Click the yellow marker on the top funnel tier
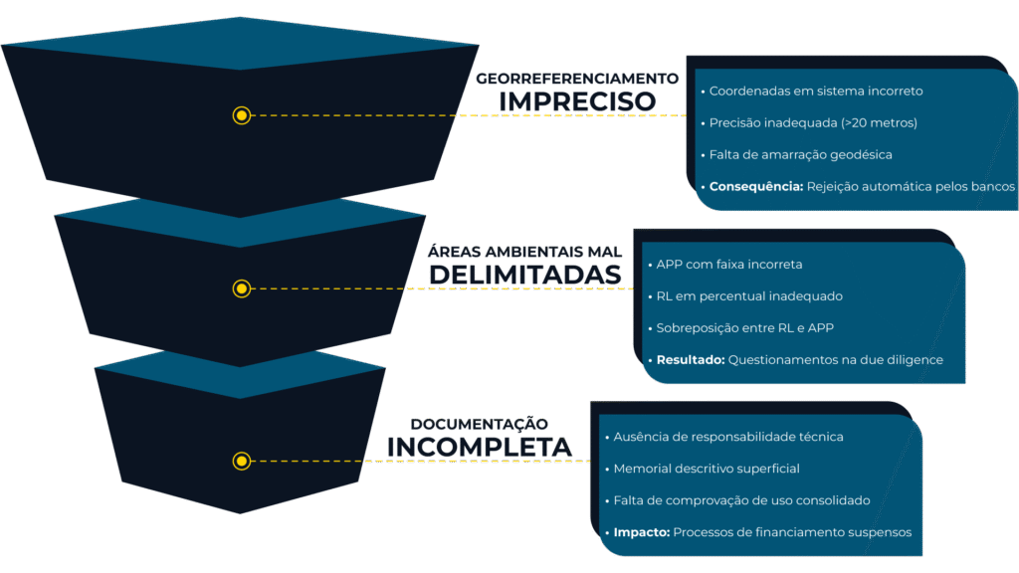pos(241,115)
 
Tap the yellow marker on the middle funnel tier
pos(241,288)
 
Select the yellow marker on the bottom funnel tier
pos(241,461)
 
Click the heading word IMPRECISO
pos(577,101)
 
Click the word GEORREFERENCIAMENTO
pos(577,78)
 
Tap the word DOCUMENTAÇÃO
pos(480,424)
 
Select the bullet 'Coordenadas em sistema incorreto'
pos(816,91)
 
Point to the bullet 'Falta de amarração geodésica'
pos(800,155)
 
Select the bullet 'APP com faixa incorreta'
pos(729,265)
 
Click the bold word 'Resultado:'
pos(690,360)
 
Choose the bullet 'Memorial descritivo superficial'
pos(707,469)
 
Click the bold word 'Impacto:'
pos(641,532)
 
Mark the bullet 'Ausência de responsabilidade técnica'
pos(728,437)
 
